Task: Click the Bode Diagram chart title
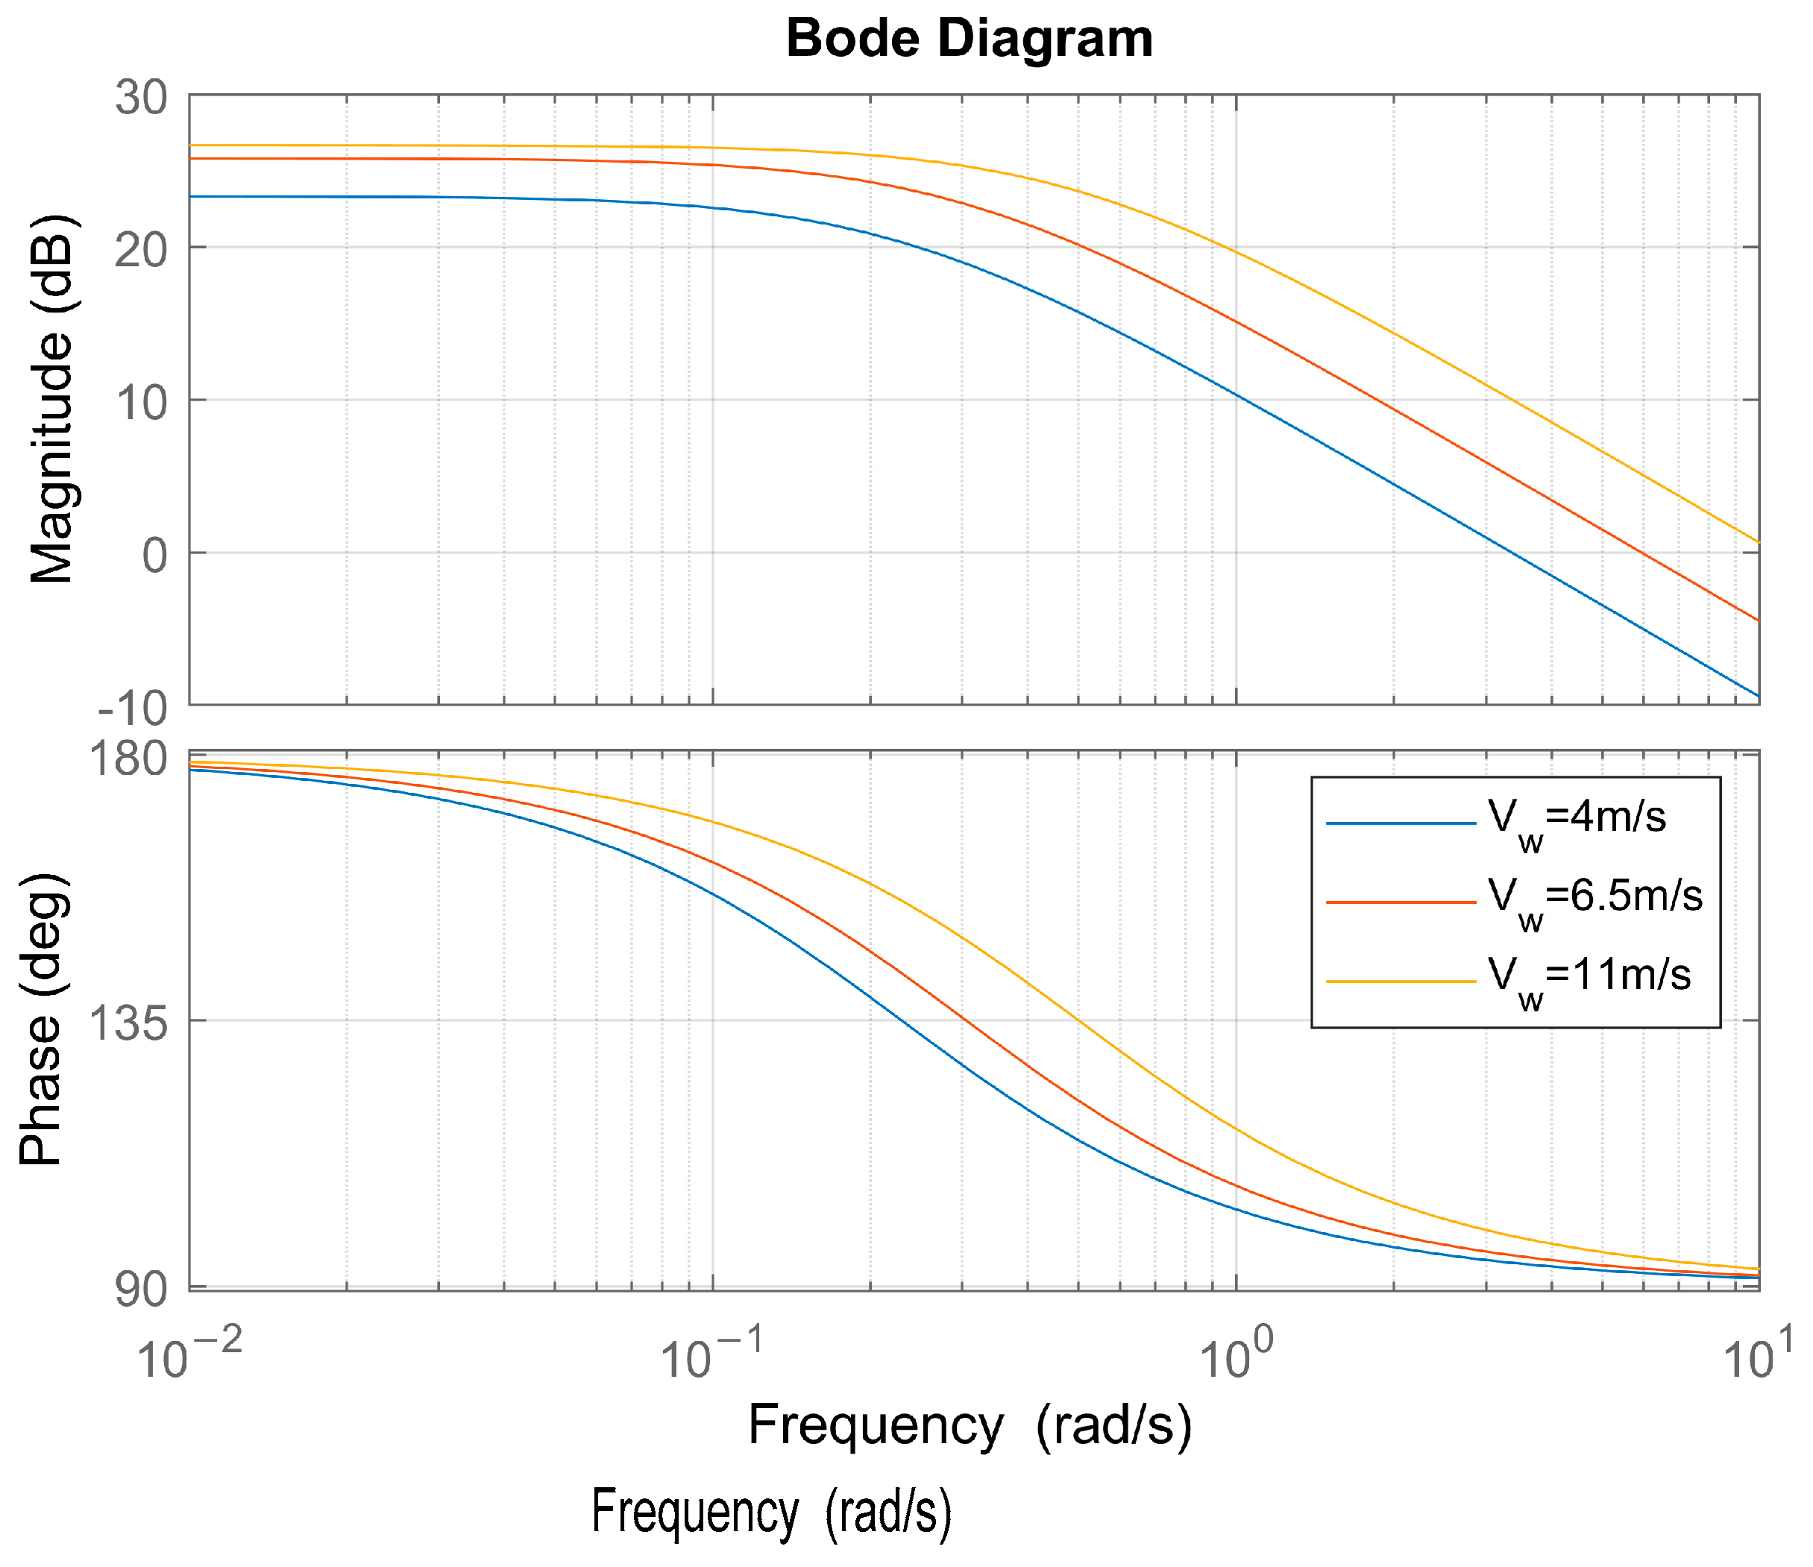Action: pyautogui.click(x=970, y=40)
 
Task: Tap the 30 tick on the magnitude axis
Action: pyautogui.click(x=141, y=96)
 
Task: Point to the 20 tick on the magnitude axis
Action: pyautogui.click(x=141, y=249)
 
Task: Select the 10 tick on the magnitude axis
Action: pyautogui.click(x=141, y=403)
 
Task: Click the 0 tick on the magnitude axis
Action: pyautogui.click(x=155, y=555)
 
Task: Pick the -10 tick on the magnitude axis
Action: pyautogui.click(x=133, y=708)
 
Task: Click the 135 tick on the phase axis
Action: pyautogui.click(x=130, y=1022)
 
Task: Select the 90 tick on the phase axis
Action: pyautogui.click(x=141, y=1289)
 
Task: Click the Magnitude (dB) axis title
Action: pyautogui.click(x=51, y=400)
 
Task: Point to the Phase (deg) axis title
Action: pyautogui.click(x=41, y=1020)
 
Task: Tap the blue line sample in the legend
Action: pyautogui.click(x=1401, y=823)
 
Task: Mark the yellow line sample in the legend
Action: pyautogui.click(x=1401, y=982)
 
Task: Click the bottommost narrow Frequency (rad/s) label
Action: pyautogui.click(x=771, y=1511)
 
